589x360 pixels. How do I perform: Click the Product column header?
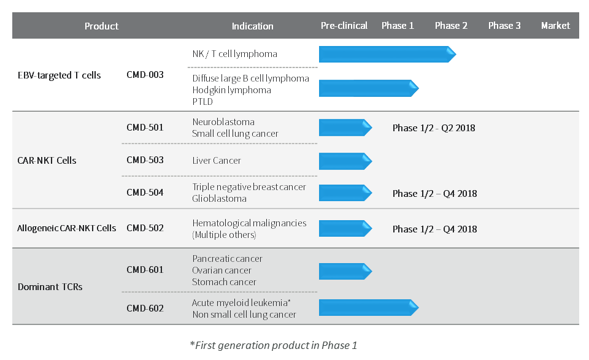[101, 26]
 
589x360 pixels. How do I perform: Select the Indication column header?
[252, 26]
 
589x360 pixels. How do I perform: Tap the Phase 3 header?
[504, 26]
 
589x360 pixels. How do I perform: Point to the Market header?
[555, 26]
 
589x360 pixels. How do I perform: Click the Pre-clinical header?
[344, 26]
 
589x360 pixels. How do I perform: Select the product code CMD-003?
[145, 75]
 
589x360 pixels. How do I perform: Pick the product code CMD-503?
[145, 160]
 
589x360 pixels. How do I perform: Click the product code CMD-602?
[145, 308]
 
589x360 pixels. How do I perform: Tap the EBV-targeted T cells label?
[60, 75]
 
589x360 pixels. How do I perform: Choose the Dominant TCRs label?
[50, 287]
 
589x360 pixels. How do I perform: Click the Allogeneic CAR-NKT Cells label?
[66, 228]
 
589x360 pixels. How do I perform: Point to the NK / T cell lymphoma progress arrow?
[387, 54]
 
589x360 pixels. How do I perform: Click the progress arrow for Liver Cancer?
[345, 161]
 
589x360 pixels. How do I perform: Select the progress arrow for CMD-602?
[369, 307]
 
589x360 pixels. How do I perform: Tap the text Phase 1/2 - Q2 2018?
[434, 128]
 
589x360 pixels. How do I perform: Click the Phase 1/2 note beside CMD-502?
[434, 229]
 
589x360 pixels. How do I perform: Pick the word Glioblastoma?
[220, 199]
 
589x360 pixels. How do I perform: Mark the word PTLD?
[202, 101]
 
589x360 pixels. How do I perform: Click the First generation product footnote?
[274, 345]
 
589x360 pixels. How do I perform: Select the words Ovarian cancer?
[221, 270]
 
